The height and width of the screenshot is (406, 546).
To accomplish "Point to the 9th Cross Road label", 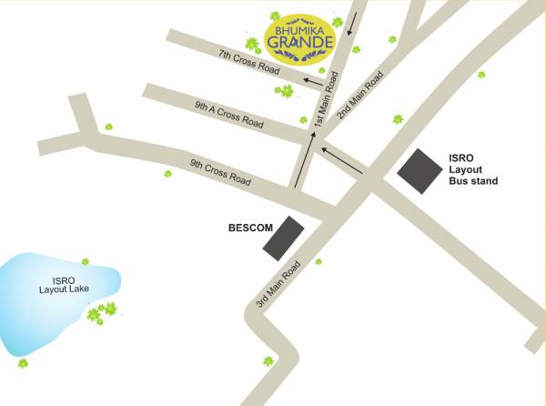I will (x=219, y=172).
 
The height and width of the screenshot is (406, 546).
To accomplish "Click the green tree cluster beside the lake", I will (x=100, y=312).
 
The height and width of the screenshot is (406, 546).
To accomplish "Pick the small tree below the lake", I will (x=23, y=363).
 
